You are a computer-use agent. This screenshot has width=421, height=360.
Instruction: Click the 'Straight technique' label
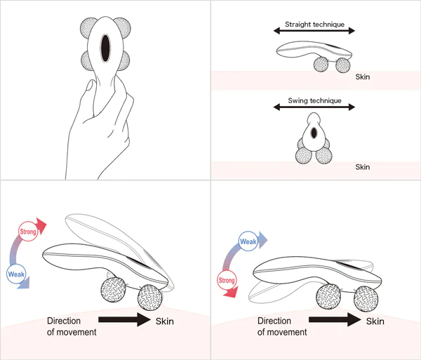[314, 25]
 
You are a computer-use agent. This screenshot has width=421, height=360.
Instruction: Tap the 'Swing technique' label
[314, 101]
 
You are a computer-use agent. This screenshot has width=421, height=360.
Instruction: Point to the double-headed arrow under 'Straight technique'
[314, 31]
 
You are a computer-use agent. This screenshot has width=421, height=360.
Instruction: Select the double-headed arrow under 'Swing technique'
[314, 108]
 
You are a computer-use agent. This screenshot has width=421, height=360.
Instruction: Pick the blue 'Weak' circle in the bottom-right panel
[248, 242]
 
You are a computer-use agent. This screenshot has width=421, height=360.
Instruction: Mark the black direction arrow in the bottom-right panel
[335, 321]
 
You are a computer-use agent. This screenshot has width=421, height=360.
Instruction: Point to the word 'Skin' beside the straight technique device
[362, 77]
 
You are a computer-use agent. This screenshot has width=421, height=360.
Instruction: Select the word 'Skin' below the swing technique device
[362, 167]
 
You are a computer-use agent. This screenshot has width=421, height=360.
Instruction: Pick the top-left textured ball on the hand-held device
[88, 28]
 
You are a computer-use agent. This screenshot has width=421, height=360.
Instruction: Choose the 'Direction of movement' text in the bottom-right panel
[281, 326]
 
